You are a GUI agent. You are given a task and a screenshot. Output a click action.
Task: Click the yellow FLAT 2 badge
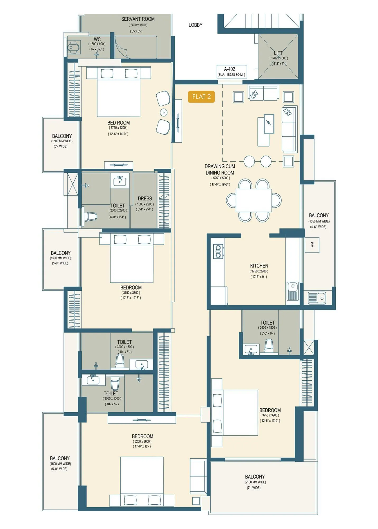tap(201, 97)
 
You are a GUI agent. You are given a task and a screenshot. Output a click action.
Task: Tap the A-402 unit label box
tap(232, 72)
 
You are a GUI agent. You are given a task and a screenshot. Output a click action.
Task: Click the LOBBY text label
tap(195, 25)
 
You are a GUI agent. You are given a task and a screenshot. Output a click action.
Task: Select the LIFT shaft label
tap(278, 53)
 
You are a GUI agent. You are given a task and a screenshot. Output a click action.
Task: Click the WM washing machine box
tap(312, 245)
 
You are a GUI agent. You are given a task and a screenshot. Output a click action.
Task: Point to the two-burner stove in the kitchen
tap(218, 251)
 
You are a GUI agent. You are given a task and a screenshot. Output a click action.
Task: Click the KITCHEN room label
tap(259, 266)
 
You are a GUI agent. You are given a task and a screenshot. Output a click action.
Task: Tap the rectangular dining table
tap(254, 200)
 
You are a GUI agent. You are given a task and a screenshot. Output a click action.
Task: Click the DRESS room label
tap(145, 198)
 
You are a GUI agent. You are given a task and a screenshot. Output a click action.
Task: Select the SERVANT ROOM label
tap(138, 19)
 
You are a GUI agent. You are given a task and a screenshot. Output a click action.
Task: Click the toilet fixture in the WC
tap(73, 48)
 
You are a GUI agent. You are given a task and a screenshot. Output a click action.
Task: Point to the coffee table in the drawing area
tap(269, 124)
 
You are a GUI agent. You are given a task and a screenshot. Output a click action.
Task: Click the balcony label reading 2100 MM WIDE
tap(255, 482)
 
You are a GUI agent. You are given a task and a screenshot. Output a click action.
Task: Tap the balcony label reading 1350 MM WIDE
tap(319, 221)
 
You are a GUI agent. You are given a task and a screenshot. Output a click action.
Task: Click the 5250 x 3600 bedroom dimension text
tap(142, 441)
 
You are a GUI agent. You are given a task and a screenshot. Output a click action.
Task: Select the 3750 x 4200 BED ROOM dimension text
tap(118, 128)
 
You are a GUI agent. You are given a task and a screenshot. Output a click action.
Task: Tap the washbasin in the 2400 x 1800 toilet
tap(251, 349)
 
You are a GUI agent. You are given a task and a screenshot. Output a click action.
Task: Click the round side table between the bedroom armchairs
tap(164, 112)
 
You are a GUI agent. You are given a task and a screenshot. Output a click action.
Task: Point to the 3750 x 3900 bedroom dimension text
tap(270, 415)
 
